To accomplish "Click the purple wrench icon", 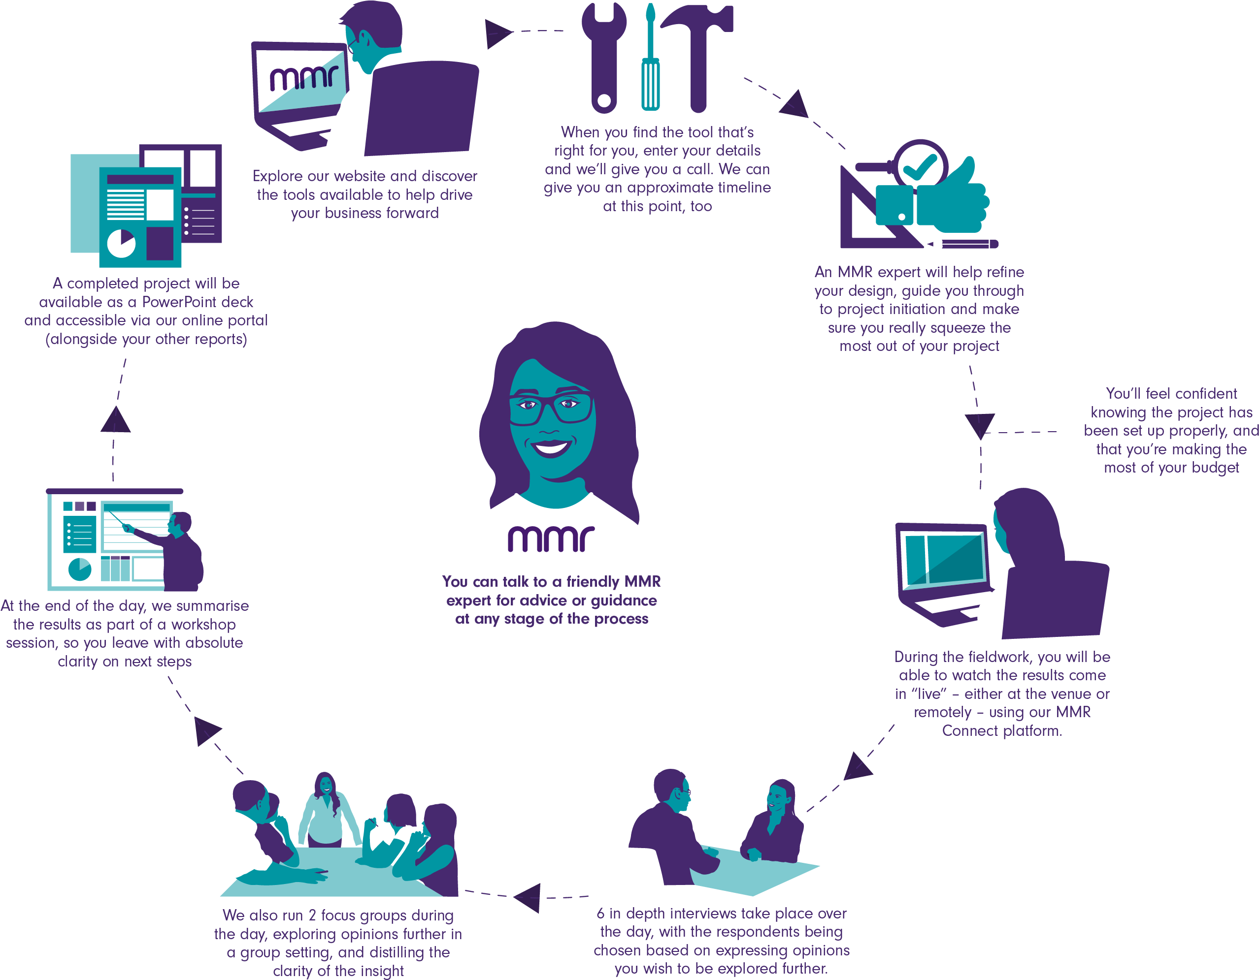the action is click(x=603, y=58).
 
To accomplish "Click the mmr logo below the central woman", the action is click(x=551, y=538).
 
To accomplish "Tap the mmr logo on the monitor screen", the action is click(x=304, y=78).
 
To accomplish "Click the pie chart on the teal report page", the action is click(x=121, y=243).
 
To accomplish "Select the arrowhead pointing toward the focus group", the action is click(x=528, y=898).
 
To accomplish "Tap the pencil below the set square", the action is click(x=962, y=244).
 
